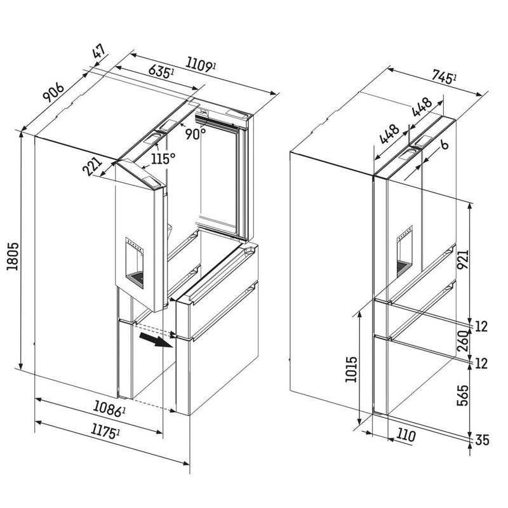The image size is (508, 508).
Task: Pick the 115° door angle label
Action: (163, 158)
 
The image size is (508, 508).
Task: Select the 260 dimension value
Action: (464, 342)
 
